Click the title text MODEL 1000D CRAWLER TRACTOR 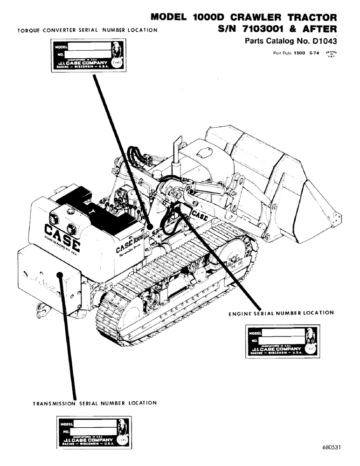[243, 17]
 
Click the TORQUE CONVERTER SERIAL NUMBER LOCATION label [87, 30]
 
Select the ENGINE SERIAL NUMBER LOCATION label [281, 313]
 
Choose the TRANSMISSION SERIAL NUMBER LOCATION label [95, 403]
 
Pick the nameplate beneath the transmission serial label [95, 433]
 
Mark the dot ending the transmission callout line [59, 274]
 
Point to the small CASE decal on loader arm [200, 216]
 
